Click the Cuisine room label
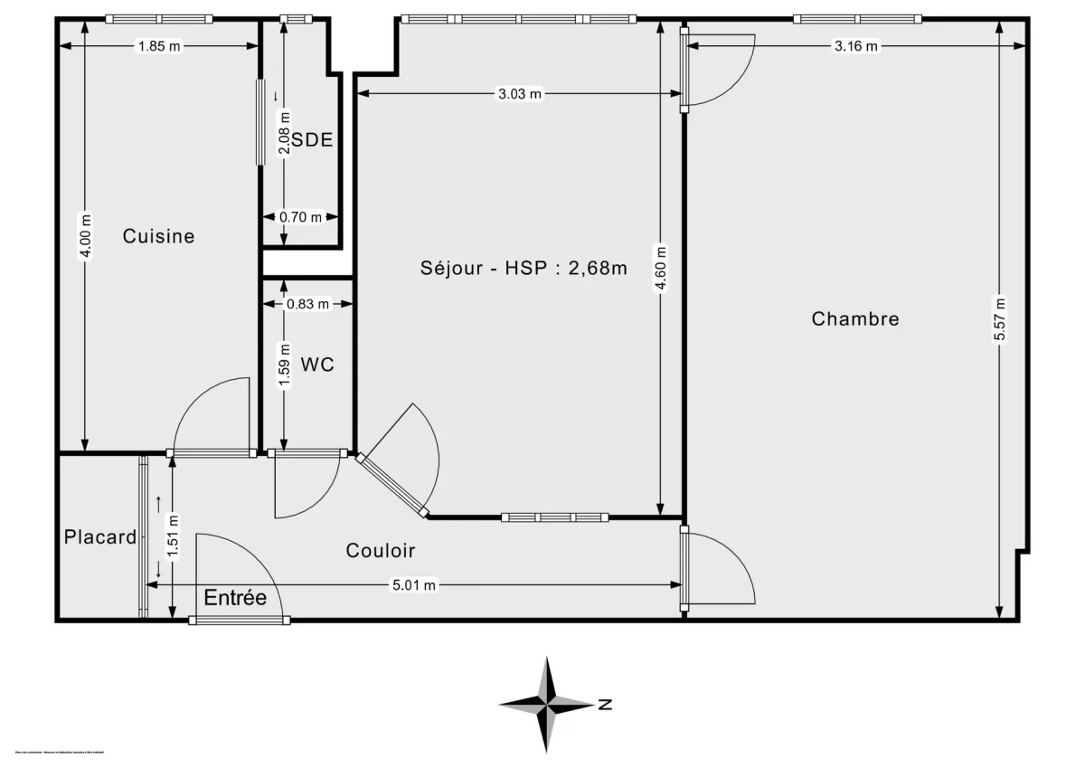point(158,236)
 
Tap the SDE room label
point(312,140)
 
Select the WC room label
point(317,365)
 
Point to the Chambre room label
point(854,318)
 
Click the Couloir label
point(381,550)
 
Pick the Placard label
point(99,537)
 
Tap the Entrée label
point(235,598)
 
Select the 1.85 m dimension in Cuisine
point(159,47)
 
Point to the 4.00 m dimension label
point(85,236)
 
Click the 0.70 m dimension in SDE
point(301,217)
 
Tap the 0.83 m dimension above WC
point(307,304)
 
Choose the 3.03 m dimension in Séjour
point(520,93)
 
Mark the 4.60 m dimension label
point(661,269)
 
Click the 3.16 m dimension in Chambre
point(855,47)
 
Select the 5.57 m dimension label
point(999,318)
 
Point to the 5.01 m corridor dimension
point(413,585)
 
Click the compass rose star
point(547,704)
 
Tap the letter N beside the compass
point(606,704)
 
